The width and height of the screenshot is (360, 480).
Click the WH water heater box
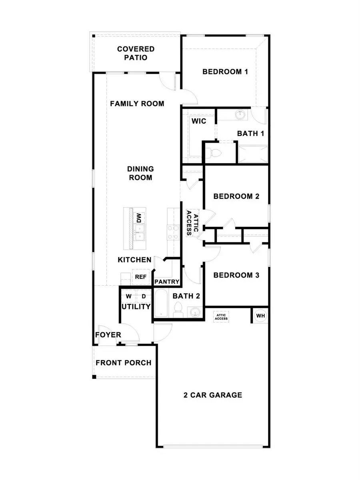[x=260, y=316]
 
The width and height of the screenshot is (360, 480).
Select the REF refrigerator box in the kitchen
[x=140, y=277]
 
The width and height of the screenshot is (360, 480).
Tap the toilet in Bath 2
[x=178, y=311]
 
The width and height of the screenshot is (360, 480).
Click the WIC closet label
[x=198, y=121]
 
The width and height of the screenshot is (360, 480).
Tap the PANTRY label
[x=167, y=282]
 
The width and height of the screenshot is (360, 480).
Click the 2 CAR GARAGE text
[x=213, y=395]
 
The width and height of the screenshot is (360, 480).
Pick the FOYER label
[x=108, y=335]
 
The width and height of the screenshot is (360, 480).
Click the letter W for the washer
[x=129, y=297]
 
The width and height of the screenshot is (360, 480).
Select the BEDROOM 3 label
[x=236, y=275]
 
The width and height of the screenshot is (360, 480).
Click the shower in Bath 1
[x=252, y=153]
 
